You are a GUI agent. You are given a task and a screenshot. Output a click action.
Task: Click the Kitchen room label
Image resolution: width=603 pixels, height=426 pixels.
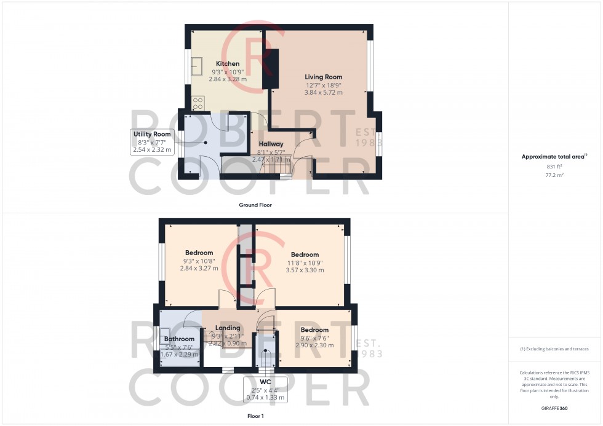pyautogui.click(x=228, y=64)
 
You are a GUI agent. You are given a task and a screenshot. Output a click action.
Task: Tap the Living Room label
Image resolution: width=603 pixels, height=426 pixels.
pyautogui.click(x=324, y=77)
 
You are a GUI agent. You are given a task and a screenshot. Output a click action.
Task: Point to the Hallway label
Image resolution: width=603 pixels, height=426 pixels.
pyautogui.click(x=271, y=144)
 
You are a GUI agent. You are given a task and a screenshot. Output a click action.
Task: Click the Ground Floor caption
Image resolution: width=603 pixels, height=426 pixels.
pyautogui.click(x=255, y=205)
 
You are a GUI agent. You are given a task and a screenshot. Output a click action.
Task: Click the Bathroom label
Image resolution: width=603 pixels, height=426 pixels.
pyautogui.click(x=179, y=339)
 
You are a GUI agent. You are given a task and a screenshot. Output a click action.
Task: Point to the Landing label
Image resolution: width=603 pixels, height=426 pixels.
pyautogui.click(x=228, y=328)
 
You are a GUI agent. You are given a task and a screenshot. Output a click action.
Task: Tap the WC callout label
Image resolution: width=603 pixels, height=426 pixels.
pyautogui.click(x=265, y=382)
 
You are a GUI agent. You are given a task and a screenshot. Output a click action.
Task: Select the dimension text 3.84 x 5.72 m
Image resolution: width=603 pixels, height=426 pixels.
pyautogui.click(x=324, y=92)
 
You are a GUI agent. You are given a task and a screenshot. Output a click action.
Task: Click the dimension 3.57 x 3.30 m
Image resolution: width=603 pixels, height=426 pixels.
pyautogui.click(x=305, y=270)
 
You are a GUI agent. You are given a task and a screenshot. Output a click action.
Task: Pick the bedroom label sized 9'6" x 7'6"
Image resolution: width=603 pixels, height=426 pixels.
pyautogui.click(x=314, y=330)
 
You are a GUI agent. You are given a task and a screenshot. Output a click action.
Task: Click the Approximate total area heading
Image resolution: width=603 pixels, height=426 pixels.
pyautogui.click(x=554, y=157)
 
